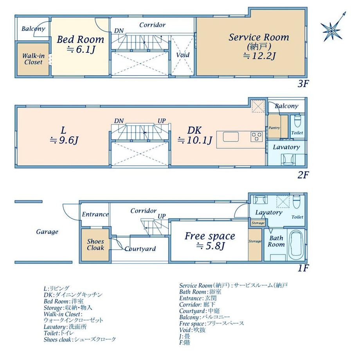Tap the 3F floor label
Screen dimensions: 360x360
point(302,84)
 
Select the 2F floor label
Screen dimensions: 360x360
point(302,175)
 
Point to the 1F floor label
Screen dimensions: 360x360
point(303,268)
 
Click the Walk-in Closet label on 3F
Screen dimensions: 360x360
point(33,59)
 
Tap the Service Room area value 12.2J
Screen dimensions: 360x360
point(259,56)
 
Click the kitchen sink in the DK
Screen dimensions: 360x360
point(230,137)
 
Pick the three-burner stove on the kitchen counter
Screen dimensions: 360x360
point(256,137)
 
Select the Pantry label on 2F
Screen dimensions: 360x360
point(274,128)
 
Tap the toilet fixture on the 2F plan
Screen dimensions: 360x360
point(297,121)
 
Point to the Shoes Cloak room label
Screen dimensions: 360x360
point(95,245)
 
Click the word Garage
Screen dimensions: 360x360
point(47,232)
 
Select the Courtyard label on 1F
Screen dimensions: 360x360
point(140,249)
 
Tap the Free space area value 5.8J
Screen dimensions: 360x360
point(210,246)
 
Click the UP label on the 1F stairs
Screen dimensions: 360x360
point(162,216)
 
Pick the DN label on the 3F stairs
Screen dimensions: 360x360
point(119,31)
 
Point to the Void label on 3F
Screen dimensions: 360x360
point(183,55)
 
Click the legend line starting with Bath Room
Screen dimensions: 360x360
point(200,292)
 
